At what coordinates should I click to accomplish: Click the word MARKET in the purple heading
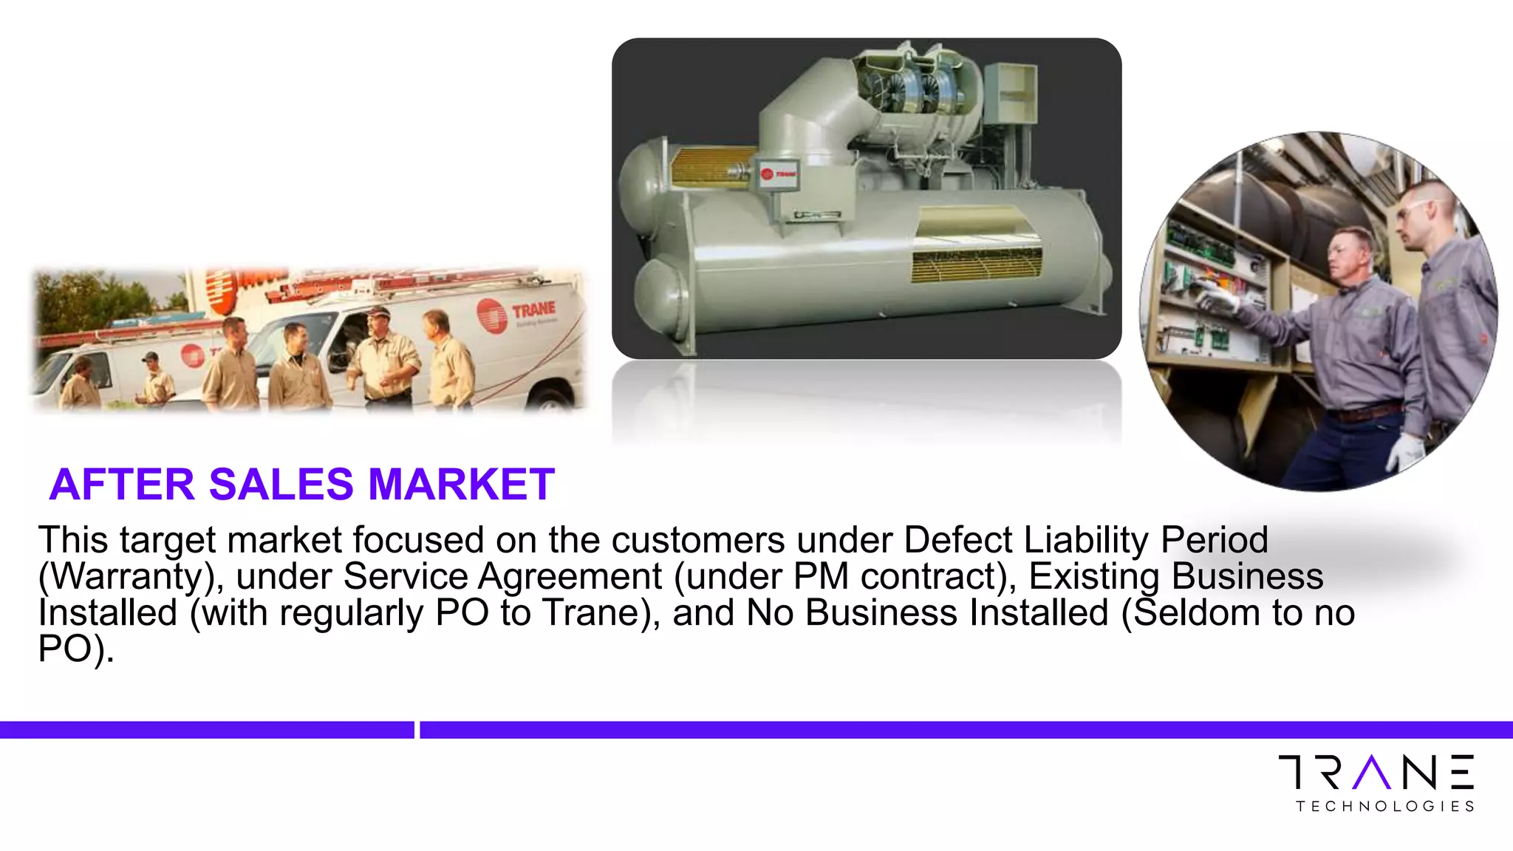click(x=461, y=485)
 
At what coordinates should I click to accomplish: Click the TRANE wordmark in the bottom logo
click(x=1376, y=772)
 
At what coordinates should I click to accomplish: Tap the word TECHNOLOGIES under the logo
click(x=1385, y=806)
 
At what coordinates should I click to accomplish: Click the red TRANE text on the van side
click(x=533, y=309)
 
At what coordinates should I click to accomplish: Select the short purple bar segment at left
click(x=207, y=730)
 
